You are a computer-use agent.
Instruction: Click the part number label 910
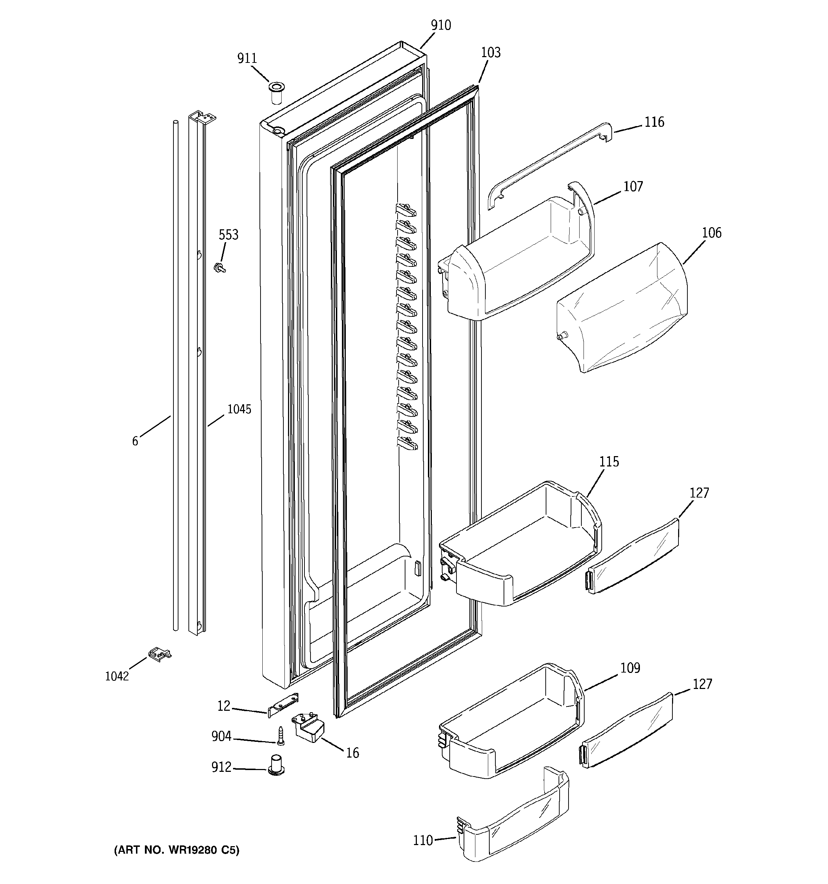point(440,25)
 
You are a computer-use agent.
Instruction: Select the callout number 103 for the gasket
point(491,53)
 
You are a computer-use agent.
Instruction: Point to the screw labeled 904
point(281,735)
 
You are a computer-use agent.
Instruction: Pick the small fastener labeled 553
point(219,267)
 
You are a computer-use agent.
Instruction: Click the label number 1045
point(239,409)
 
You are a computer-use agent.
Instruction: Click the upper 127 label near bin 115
point(699,493)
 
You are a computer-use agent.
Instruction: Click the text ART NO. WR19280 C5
point(176,850)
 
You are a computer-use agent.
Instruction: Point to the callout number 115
point(609,461)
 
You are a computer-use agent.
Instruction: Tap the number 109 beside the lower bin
point(630,668)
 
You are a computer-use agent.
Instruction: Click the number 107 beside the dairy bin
point(633,186)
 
